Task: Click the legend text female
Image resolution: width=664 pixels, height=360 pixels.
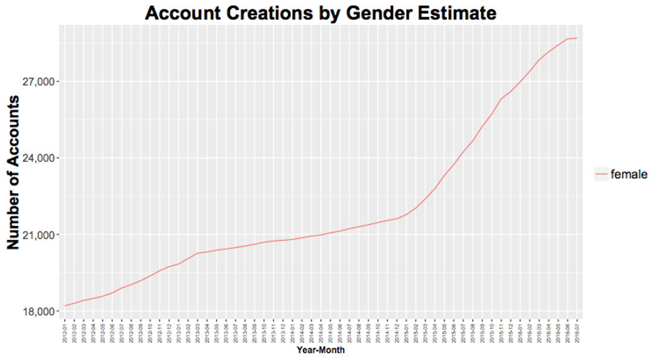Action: pyautogui.click(x=629, y=175)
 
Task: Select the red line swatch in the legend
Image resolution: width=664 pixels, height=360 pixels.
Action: pyautogui.click(x=602, y=175)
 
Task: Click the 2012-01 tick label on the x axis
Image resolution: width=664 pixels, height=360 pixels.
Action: pyautogui.click(x=65, y=332)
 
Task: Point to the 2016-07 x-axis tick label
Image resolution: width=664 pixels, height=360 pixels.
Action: pyautogui.click(x=577, y=332)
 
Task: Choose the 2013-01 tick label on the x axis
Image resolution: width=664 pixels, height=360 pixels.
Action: pyautogui.click(x=179, y=332)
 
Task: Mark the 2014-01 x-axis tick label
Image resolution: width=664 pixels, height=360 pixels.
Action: pyautogui.click(x=292, y=332)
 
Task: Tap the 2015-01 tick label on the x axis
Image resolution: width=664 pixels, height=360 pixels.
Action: pyautogui.click(x=406, y=332)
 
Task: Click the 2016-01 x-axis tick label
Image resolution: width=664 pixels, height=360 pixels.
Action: pyautogui.click(x=520, y=332)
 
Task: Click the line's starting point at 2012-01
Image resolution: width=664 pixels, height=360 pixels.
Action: pyautogui.click(x=65, y=306)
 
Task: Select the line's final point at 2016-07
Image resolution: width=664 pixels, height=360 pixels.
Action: pyautogui.click(x=577, y=39)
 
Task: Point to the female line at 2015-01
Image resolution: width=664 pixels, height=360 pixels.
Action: pyautogui.click(x=406, y=215)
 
